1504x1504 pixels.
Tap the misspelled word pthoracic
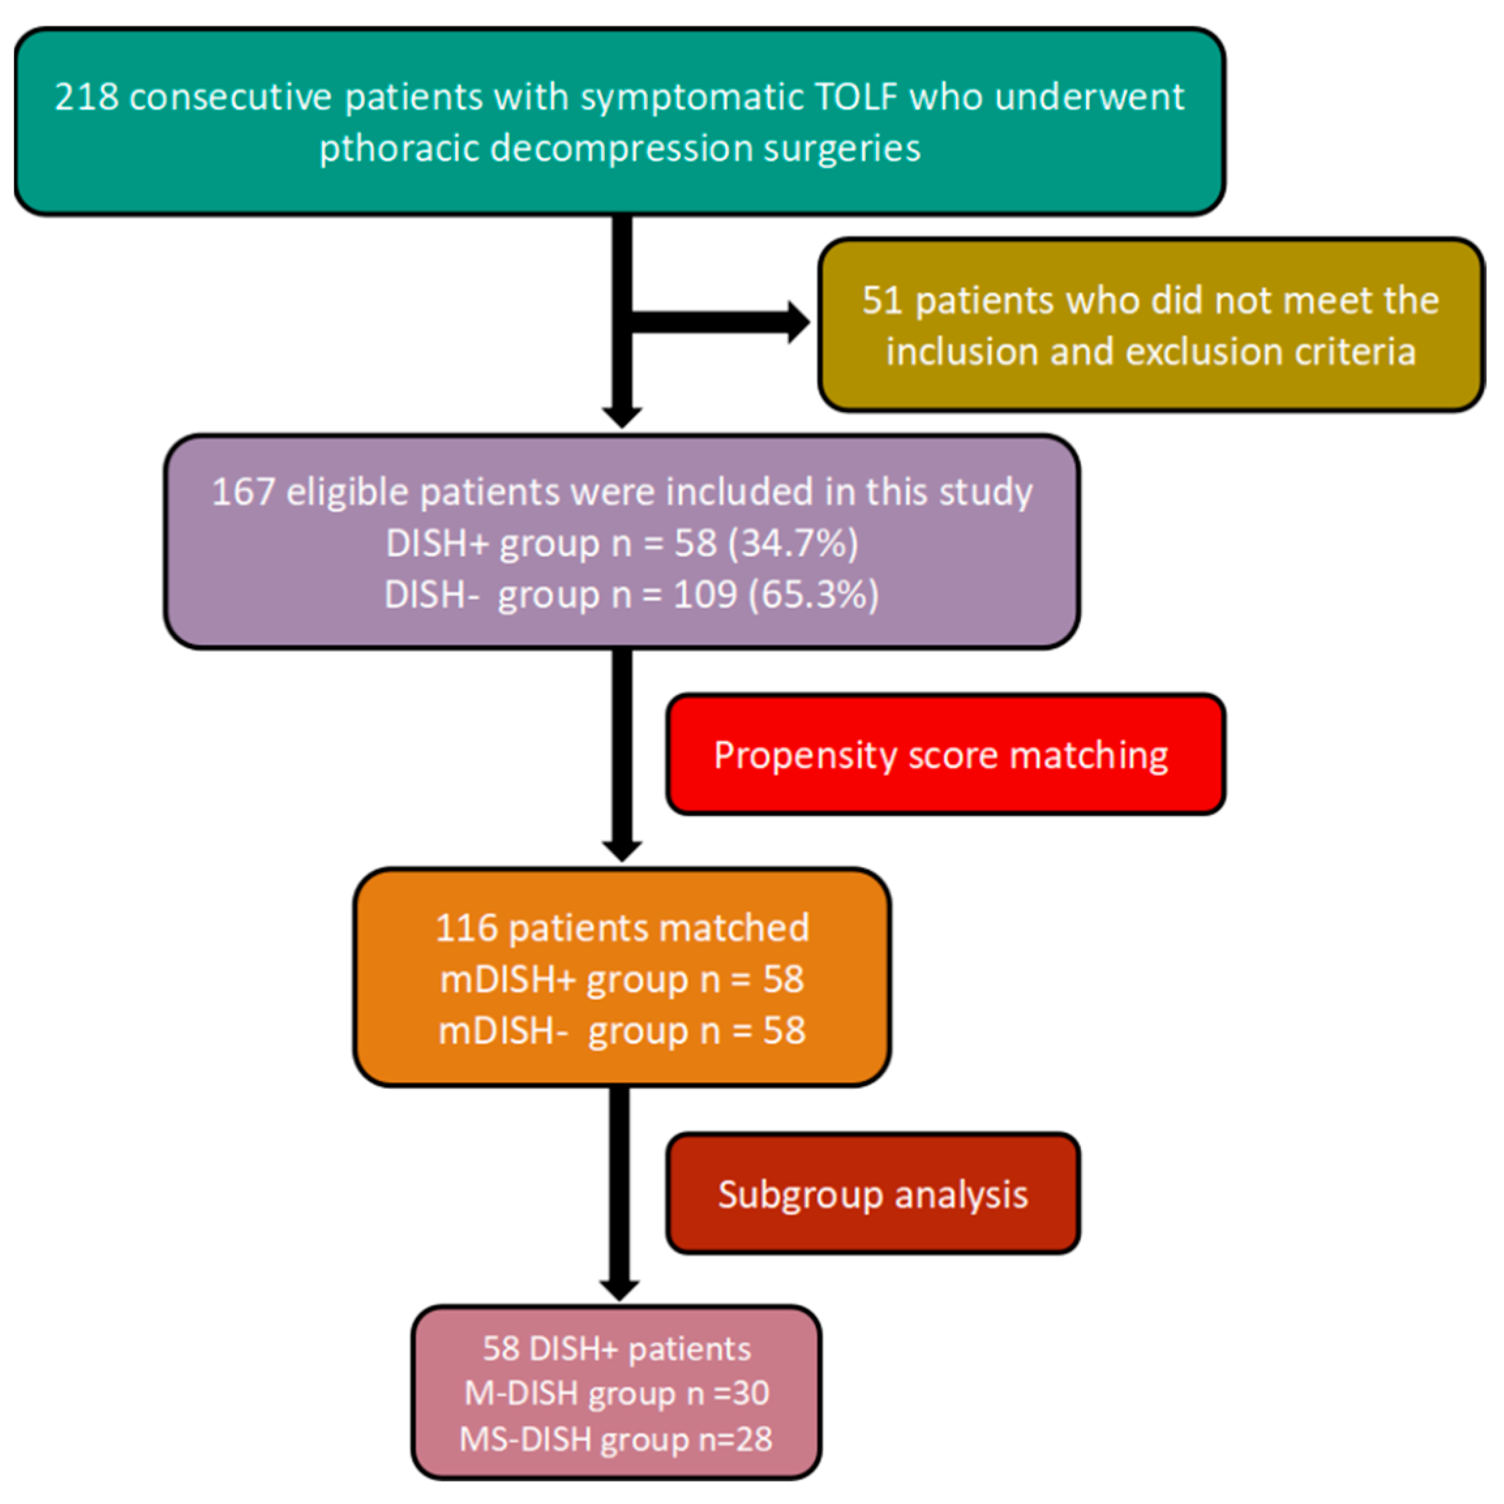398,148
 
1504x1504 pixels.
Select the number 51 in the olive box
882,301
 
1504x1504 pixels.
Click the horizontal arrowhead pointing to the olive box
798,321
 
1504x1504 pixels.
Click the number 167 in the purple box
243,492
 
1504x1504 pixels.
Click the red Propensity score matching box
945,754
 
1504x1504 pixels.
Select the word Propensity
805,756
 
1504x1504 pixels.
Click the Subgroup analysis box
873,1194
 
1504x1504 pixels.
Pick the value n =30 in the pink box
728,1392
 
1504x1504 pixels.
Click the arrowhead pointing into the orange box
622,850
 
